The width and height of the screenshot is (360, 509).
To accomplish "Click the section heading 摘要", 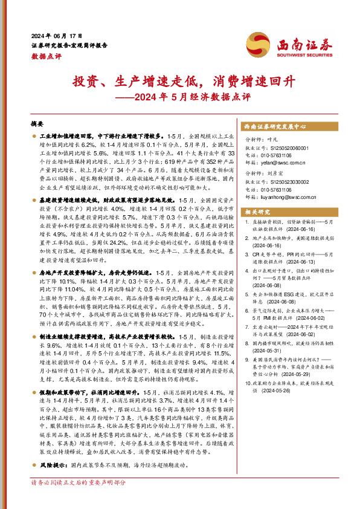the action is click(x=37, y=123).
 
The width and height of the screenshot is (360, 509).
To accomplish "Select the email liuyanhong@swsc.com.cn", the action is click(x=282, y=196).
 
